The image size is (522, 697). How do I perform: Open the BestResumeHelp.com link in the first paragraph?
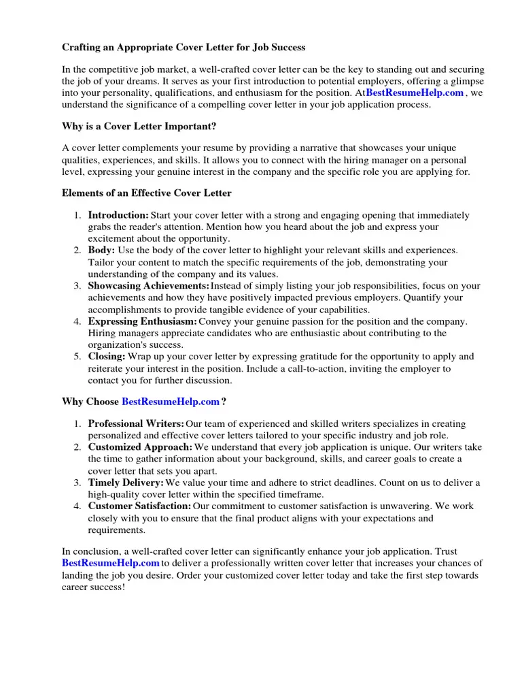(415, 93)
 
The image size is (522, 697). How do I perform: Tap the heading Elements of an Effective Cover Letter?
(147, 193)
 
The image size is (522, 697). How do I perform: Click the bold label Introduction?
(118, 215)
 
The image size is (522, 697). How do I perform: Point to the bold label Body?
(102, 250)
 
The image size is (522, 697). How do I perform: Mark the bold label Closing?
(107, 357)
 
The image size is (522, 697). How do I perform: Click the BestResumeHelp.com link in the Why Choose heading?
(170, 402)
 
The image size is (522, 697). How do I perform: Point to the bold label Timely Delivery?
(126, 483)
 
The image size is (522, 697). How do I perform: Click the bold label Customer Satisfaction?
(139, 506)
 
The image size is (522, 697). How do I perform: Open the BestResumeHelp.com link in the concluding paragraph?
(111, 563)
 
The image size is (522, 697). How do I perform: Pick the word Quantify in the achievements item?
(444, 297)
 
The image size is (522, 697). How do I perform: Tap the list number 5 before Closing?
(77, 357)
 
